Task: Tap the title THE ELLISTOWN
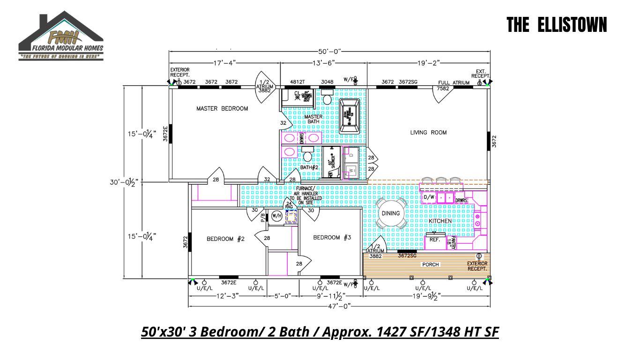tap(557, 25)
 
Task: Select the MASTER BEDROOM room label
tap(222, 109)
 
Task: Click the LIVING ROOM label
tap(428, 133)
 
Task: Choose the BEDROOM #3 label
tap(332, 238)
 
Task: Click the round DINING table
tap(391, 213)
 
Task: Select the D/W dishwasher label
tap(429, 197)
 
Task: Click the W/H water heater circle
tap(276, 216)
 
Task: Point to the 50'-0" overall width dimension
tap(329, 51)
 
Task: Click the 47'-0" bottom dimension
tap(339, 306)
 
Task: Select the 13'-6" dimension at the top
tap(323, 62)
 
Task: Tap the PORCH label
tap(431, 265)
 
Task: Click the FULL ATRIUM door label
tap(454, 83)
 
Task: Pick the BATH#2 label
tap(309, 167)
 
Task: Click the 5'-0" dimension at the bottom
tap(283, 296)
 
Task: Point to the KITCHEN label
tap(440, 221)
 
